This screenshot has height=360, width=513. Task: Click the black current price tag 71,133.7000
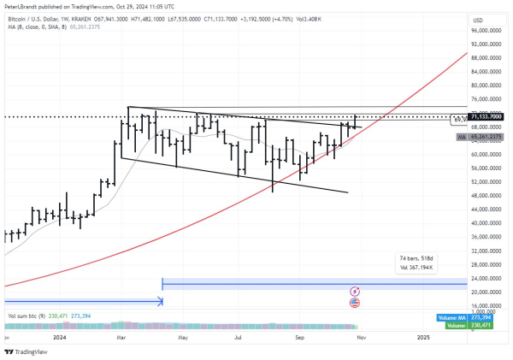(486, 116)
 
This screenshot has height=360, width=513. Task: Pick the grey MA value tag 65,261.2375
(486, 137)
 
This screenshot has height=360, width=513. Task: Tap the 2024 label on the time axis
(59, 338)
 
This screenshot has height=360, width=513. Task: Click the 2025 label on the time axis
(423, 338)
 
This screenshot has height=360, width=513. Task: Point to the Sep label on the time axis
(299, 338)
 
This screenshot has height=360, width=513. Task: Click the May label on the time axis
(181, 338)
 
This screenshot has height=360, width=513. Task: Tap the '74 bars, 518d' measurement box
(418, 263)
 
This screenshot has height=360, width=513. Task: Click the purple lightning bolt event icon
(354, 292)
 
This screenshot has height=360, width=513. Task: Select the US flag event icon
(354, 303)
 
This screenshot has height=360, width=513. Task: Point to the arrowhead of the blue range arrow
(160, 301)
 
